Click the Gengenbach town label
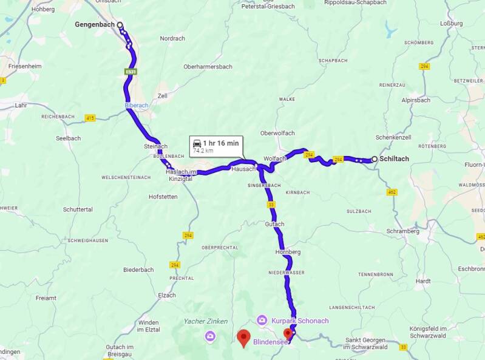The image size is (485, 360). [x=95, y=25]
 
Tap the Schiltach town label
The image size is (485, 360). [x=394, y=159]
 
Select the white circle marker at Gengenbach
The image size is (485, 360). [x=120, y=25]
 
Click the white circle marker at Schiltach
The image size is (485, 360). [x=374, y=159]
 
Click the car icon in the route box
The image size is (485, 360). [x=197, y=144]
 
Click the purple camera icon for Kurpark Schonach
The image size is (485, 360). [x=262, y=319]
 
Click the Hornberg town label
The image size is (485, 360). [x=288, y=251]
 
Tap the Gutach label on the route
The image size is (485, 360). [x=274, y=224]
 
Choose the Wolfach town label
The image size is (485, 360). [x=274, y=158]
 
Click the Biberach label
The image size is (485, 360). [x=137, y=105]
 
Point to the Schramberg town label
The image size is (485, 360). [x=404, y=231]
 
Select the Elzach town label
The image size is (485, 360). [x=166, y=295]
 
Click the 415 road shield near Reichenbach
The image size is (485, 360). [x=90, y=118]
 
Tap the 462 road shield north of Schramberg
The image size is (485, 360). [x=392, y=192]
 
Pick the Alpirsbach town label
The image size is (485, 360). [x=415, y=100]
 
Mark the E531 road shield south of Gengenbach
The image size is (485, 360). [x=131, y=72]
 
